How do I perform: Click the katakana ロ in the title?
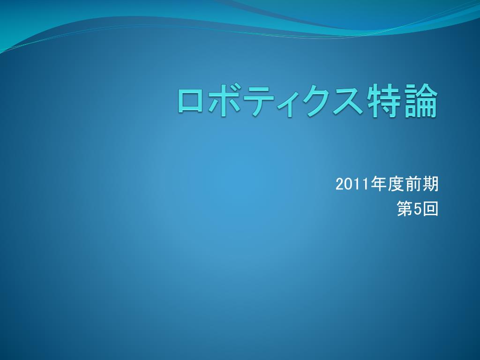pos(190,102)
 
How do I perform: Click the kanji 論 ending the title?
pos(421,101)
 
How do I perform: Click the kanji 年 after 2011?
pos(379,184)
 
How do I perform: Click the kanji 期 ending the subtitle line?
pos(430,184)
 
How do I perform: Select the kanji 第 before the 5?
pos(405,209)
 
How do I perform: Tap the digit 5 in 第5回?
pos(418,210)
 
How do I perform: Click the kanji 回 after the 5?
pos(430,209)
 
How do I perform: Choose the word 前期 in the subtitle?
pos(422,184)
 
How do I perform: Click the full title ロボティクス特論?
pos(307,102)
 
